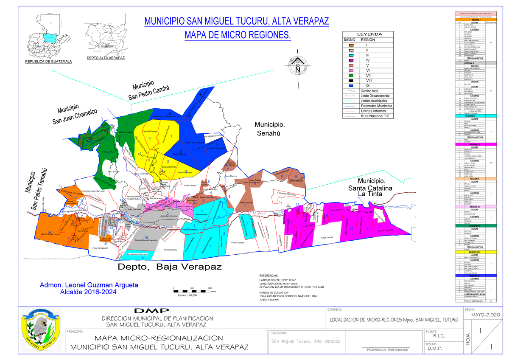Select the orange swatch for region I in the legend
tap(352, 45)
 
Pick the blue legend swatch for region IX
tap(352, 85)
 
